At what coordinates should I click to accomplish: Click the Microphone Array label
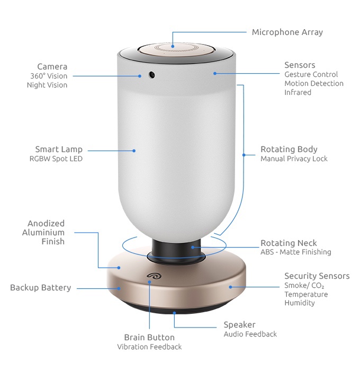[287, 32]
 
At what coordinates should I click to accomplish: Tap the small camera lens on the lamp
[151, 74]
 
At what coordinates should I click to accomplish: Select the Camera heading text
[52, 67]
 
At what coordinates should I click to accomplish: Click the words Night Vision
[47, 85]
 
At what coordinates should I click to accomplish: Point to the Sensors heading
[300, 65]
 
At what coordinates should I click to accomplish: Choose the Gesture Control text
[311, 75]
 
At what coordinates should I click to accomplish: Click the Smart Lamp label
[59, 149]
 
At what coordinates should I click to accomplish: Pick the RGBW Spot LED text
[56, 158]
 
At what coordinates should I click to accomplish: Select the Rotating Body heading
[289, 149]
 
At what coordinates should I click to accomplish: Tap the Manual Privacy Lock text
[294, 158]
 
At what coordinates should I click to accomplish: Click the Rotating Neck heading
[289, 243]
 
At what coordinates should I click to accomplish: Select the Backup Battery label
[41, 288]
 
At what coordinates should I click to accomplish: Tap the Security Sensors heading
[317, 276]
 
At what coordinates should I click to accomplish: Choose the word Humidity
[300, 303]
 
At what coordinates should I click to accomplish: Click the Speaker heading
[239, 324]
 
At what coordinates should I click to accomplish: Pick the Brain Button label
[149, 338]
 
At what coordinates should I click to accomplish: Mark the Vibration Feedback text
[149, 347]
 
